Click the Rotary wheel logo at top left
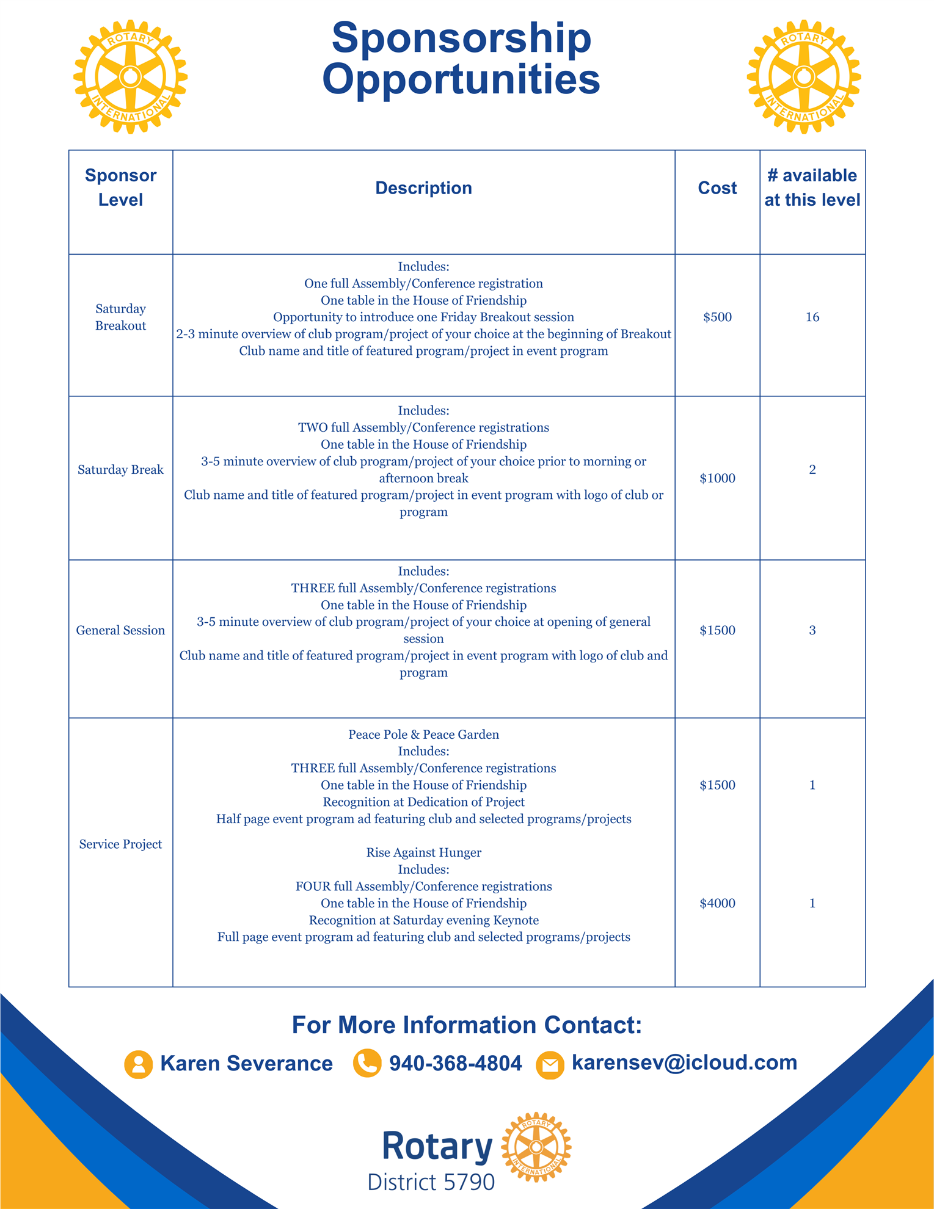pos(130,77)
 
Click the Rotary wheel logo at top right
pos(803,77)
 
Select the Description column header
pos(423,188)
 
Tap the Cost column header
pos(717,188)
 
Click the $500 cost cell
pos(717,318)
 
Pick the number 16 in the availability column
pos(812,318)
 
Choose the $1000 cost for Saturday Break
pos(717,478)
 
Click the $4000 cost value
pos(717,903)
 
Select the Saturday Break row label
pos(120,470)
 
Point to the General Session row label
pos(120,630)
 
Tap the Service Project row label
pos(120,844)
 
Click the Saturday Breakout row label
pos(120,317)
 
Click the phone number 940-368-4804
pos(455,1063)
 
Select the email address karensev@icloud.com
pos(684,1062)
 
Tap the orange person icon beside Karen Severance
pos(138,1064)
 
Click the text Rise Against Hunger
pos(423,852)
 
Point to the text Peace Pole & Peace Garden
pos(423,735)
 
